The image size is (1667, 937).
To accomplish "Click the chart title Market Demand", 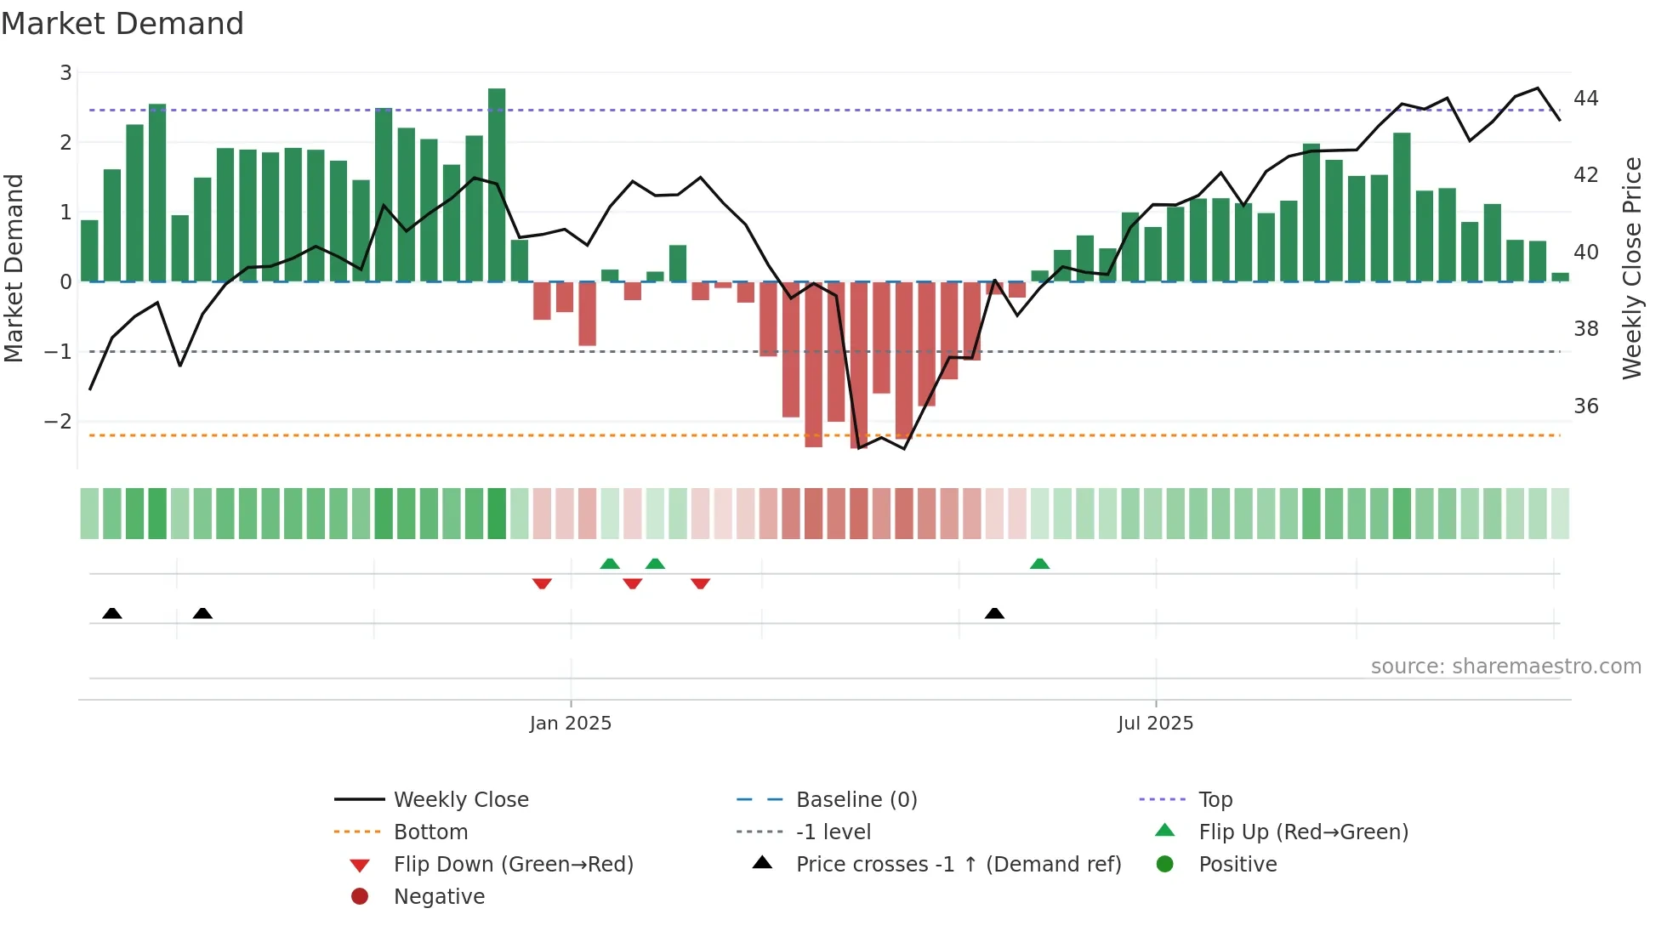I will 122,24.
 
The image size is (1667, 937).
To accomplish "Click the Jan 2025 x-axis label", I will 570,724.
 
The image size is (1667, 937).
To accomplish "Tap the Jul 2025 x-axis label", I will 1155,724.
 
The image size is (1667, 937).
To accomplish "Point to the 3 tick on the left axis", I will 65,73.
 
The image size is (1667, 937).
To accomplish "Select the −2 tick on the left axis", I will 59,422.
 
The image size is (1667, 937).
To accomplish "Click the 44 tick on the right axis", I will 1586,99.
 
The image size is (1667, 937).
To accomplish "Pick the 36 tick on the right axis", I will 1586,406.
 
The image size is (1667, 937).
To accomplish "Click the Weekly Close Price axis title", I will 1631,268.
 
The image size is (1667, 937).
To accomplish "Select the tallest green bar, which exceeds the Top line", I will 497,184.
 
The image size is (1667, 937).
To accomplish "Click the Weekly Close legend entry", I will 460,800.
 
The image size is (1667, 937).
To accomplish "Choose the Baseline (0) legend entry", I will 856,800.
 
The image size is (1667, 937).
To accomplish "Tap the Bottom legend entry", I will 430,832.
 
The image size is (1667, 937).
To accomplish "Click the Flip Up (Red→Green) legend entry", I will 1303,832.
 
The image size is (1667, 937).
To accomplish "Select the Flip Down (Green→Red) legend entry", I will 513,865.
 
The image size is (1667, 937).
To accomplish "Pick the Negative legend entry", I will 439,897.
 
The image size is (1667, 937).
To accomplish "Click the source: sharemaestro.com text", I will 1505,667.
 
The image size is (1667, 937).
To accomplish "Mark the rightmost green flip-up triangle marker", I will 1039,564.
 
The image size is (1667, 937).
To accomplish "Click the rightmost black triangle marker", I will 994,613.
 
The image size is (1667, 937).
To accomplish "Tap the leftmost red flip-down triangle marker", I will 542,583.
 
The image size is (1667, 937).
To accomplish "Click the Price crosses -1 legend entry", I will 958,865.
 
